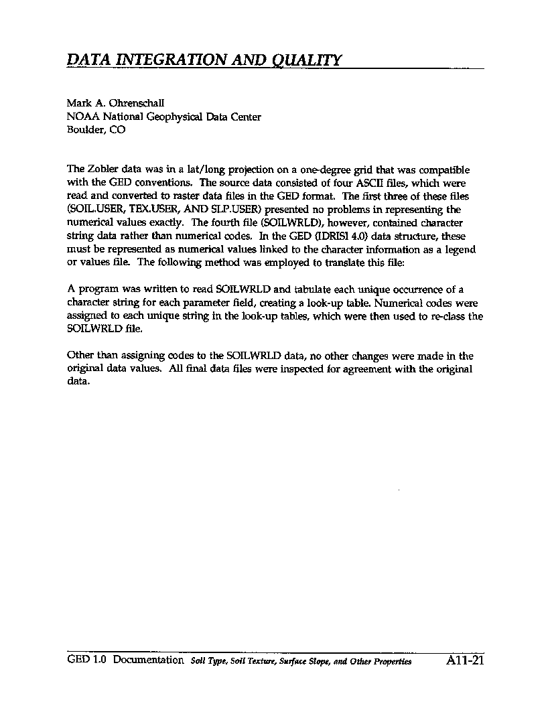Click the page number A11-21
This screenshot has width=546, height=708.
click(x=464, y=660)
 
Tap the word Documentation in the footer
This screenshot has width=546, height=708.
click(x=148, y=660)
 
